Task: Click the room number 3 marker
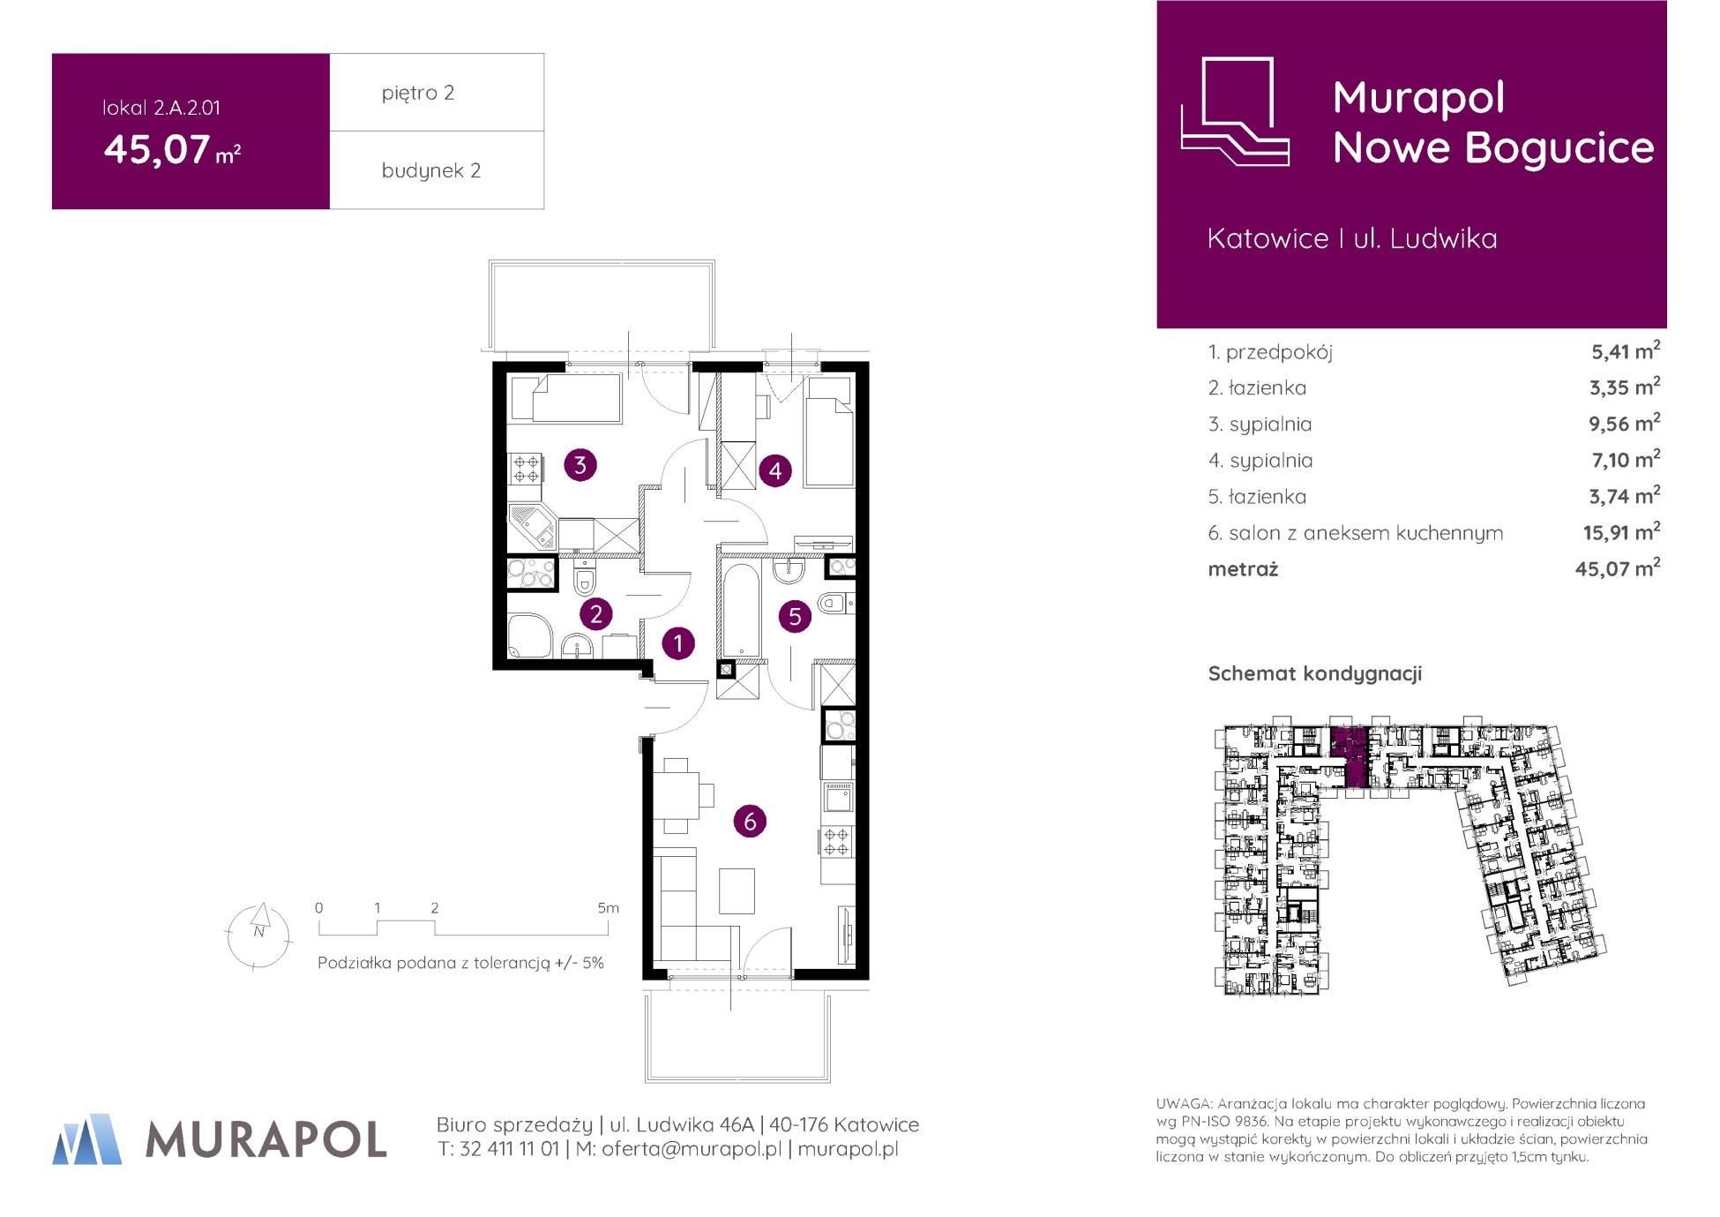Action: [x=580, y=465]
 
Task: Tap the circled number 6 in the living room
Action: [x=750, y=822]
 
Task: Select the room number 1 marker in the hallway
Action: [x=678, y=643]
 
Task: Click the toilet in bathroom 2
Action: [x=584, y=580]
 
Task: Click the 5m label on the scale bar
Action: [x=609, y=907]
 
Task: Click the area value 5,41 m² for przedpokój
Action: [x=1626, y=350]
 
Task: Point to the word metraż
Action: [x=1243, y=569]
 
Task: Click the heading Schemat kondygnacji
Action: [x=1314, y=673]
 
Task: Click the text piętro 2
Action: [x=418, y=93]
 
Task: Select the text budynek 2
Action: [x=431, y=170]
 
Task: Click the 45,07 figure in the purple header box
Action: [x=157, y=149]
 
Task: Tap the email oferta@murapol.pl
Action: [x=692, y=1149]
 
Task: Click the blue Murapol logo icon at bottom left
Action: [x=86, y=1138]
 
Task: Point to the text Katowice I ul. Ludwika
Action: [x=1352, y=238]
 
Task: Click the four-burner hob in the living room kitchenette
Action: [x=836, y=842]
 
